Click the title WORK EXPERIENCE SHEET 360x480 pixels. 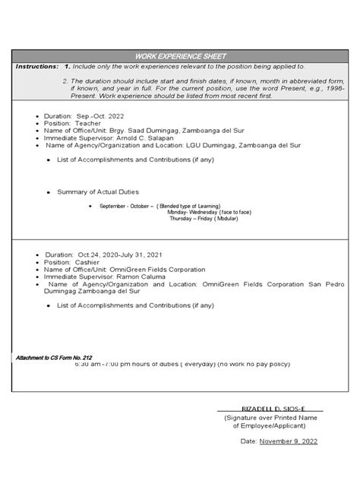[180, 57]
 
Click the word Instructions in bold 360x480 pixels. [36, 67]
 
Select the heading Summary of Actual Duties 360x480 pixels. [98, 191]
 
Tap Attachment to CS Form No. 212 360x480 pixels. [54, 357]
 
